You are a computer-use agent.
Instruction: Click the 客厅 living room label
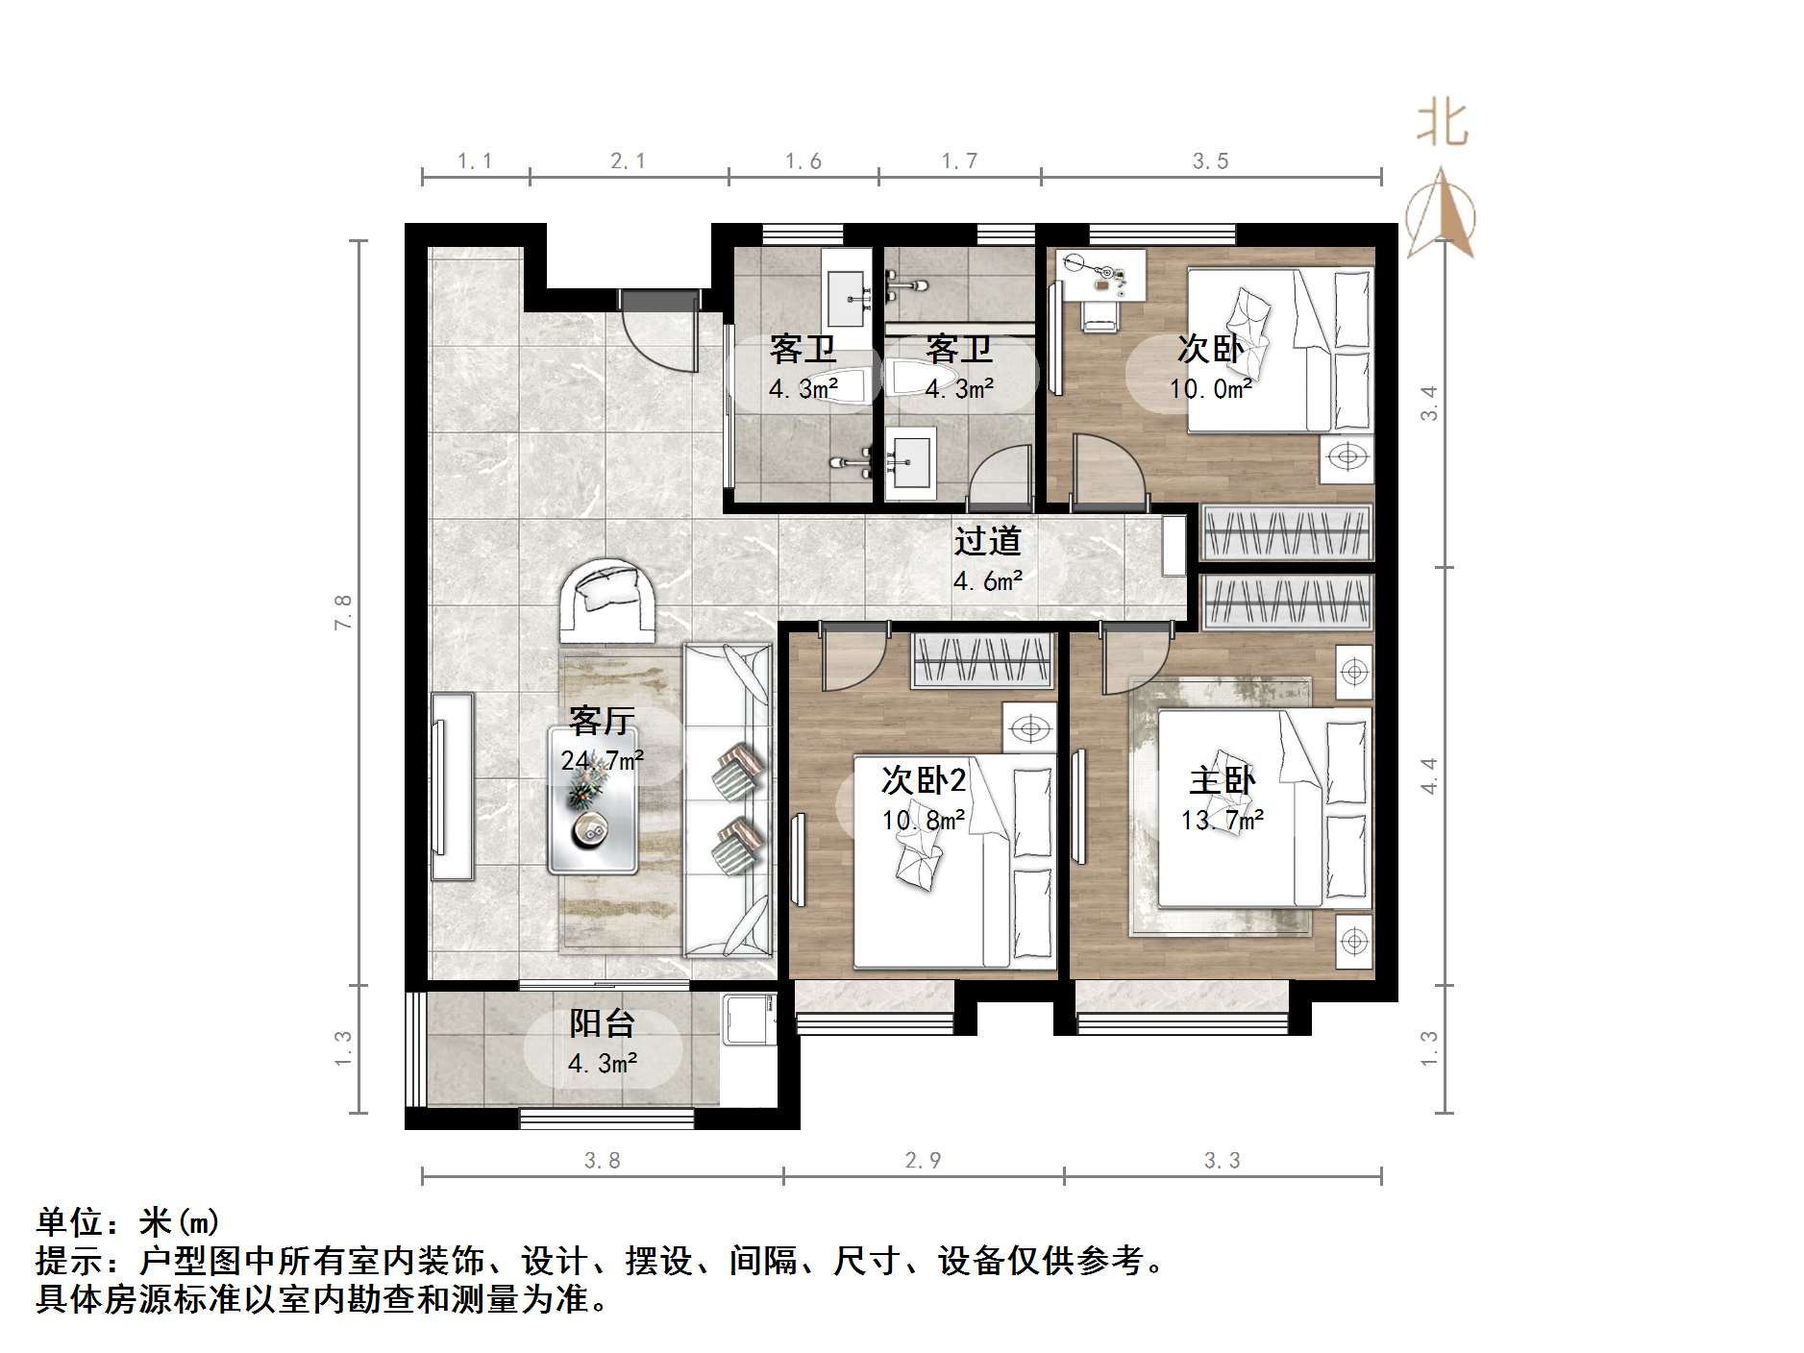[x=602, y=719]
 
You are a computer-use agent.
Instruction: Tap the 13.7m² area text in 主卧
[x=1222, y=820]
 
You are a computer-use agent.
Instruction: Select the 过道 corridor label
[x=987, y=541]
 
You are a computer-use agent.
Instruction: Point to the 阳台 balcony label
[x=602, y=1023]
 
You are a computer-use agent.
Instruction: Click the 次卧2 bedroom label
[x=923, y=779]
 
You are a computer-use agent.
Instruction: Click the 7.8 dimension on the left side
[x=343, y=612]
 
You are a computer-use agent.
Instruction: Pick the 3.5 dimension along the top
[x=1210, y=161]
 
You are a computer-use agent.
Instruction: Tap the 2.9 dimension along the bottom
[x=923, y=1161]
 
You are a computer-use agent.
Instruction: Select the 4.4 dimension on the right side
[x=1429, y=775]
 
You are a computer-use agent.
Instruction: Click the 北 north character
[x=1442, y=125]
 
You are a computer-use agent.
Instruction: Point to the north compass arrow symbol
[x=1441, y=215]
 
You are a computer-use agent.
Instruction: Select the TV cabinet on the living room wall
[x=452, y=786]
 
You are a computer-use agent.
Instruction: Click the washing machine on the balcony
[x=750, y=1021]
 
